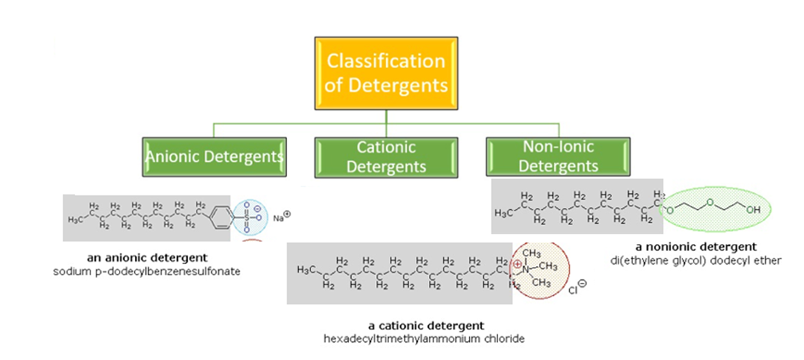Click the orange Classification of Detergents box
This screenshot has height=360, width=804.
click(386, 72)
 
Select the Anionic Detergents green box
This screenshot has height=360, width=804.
click(214, 157)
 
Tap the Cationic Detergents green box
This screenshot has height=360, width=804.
click(386, 157)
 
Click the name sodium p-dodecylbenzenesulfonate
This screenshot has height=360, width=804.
click(147, 270)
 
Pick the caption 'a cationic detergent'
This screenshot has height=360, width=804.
click(426, 325)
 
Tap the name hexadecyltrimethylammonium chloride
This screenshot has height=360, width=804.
click(426, 338)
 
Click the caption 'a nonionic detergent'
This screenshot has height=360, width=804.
click(696, 247)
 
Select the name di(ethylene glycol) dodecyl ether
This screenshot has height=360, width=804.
click(696, 260)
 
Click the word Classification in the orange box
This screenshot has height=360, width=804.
click(386, 61)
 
